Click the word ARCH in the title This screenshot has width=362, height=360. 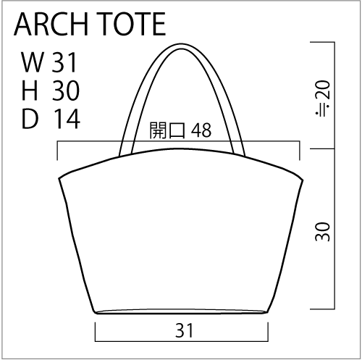(51, 24)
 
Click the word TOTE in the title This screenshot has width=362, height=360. (131, 24)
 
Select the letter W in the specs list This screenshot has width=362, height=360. (33, 62)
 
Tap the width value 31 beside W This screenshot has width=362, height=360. (64, 62)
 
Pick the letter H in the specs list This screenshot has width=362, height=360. (30, 91)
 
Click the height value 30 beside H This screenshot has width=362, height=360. (66, 91)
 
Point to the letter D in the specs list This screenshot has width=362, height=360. (30, 119)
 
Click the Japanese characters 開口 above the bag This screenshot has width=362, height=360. (167, 130)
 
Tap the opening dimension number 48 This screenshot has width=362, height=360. (201, 130)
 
